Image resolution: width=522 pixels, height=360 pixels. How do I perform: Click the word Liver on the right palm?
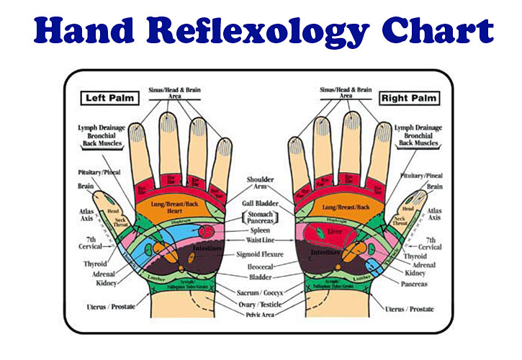[334, 233]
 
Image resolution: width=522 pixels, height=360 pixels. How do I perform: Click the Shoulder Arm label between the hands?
[260, 183]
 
